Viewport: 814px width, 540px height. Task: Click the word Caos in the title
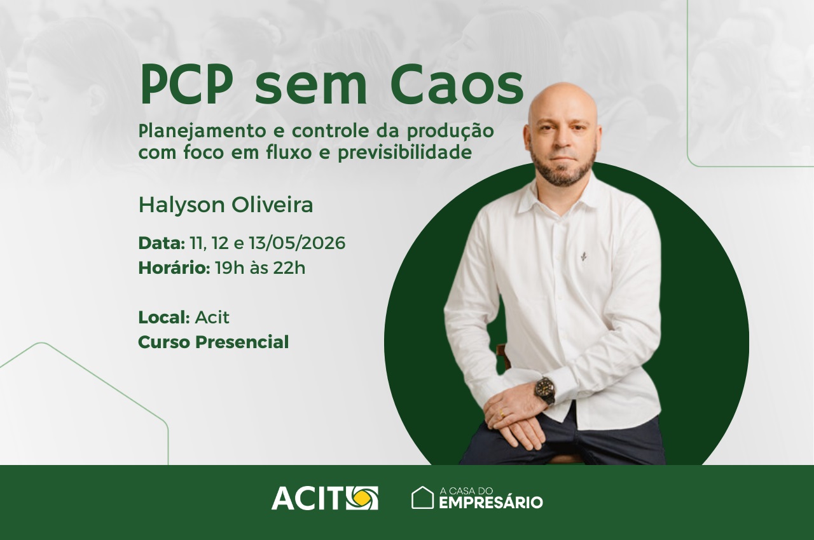[x=457, y=85]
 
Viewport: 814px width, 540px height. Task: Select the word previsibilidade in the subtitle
[x=405, y=152]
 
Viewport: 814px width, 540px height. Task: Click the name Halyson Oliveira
[x=226, y=205]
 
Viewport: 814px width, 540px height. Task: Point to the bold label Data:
[x=162, y=243]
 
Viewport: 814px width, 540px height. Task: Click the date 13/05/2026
[x=297, y=243]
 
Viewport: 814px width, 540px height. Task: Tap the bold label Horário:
[x=174, y=268]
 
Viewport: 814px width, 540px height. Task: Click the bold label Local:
[x=164, y=318]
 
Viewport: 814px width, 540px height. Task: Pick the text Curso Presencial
[x=214, y=342]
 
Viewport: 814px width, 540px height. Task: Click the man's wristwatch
[x=545, y=391]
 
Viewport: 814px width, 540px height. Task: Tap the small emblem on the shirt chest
[x=584, y=257]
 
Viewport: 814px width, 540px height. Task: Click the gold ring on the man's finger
[x=502, y=414]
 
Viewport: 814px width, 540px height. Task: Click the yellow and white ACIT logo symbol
[x=362, y=498]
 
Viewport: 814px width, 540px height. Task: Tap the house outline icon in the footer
[x=422, y=497]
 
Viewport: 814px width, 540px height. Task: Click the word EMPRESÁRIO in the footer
[x=491, y=503]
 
